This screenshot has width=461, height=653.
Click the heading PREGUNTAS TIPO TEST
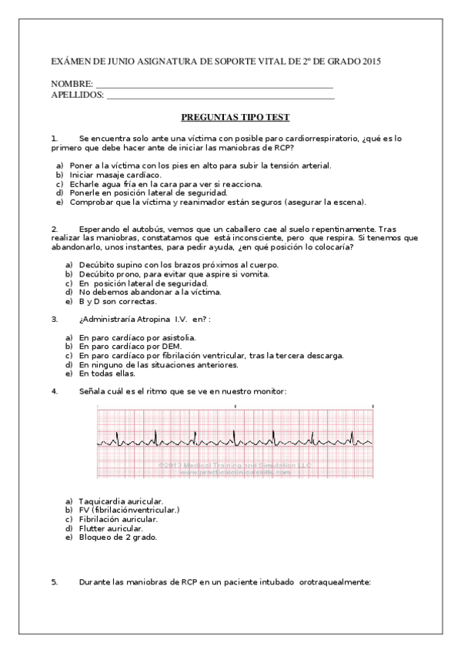click(x=235, y=117)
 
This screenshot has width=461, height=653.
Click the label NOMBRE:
click(x=72, y=83)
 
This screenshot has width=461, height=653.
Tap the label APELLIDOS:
click(x=77, y=94)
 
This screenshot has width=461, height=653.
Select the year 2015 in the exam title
click(x=371, y=60)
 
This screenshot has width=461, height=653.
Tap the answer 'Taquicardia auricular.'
click(x=120, y=501)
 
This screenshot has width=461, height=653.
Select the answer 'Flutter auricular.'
click(x=111, y=528)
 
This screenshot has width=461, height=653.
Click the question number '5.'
click(x=55, y=582)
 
